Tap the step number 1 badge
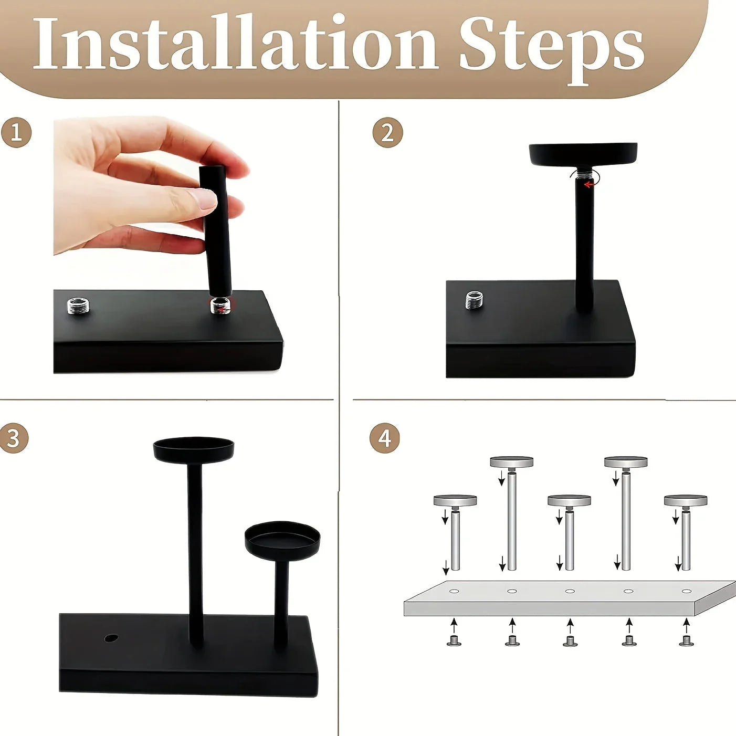pyautogui.click(x=16, y=132)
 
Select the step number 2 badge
pyautogui.click(x=387, y=132)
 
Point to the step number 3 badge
pyautogui.click(x=14, y=438)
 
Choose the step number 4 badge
pyautogui.click(x=385, y=438)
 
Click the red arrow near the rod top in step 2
pyautogui.click(x=590, y=184)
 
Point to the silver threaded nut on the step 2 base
pyautogui.click(x=475, y=300)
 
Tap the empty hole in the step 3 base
pyautogui.click(x=111, y=638)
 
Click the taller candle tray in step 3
pyautogui.click(x=193, y=448)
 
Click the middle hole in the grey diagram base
pyautogui.click(x=570, y=591)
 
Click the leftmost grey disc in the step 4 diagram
pyautogui.click(x=455, y=500)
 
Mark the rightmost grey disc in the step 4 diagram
pyautogui.click(x=686, y=500)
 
